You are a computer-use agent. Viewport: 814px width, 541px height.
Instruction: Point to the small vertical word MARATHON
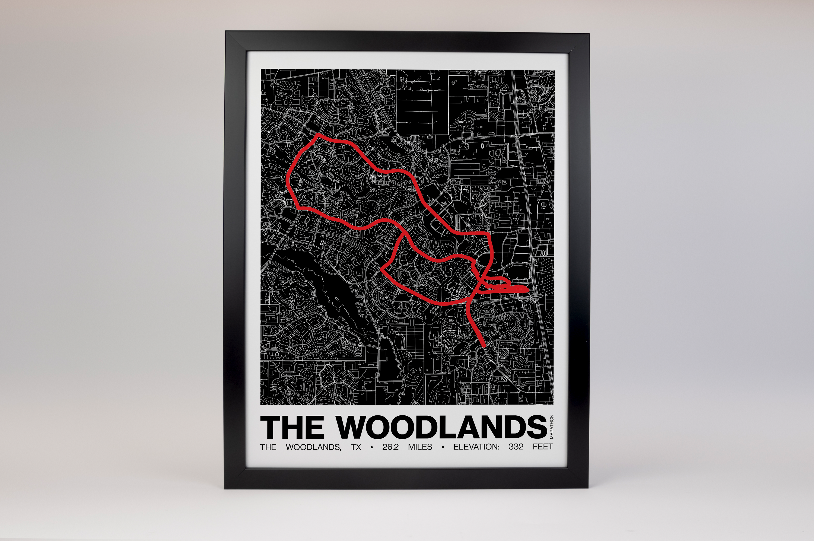coord(551,427)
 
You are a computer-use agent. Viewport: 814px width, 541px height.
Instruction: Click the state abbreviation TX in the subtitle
coord(356,447)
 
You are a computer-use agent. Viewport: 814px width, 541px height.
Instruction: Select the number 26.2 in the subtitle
coord(390,447)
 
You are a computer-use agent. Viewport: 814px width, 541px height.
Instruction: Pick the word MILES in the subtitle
coord(420,447)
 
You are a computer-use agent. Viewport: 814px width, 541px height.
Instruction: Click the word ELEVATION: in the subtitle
coord(476,447)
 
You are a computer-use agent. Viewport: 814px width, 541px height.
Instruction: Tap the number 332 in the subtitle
coord(516,447)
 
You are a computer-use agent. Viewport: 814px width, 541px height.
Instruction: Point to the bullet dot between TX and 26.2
coord(371,447)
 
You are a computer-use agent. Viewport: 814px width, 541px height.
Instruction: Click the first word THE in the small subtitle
coord(268,447)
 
